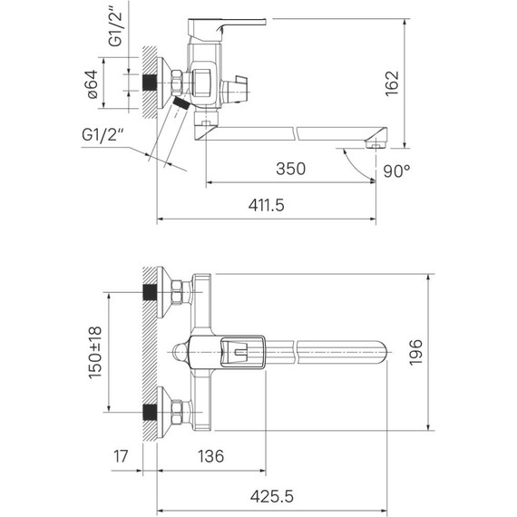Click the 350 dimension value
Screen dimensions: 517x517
pyautogui.click(x=290, y=169)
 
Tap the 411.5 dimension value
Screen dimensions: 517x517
pyautogui.click(x=266, y=205)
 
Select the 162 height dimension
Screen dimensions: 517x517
pyautogui.click(x=392, y=83)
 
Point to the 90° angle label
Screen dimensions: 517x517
pyautogui.click(x=396, y=171)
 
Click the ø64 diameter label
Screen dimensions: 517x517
pyautogui.click(x=93, y=84)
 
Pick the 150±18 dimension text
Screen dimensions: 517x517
pyautogui.click(x=95, y=353)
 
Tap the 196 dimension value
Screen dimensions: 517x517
pyautogui.click(x=415, y=352)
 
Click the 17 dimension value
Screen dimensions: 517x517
pyautogui.click(x=121, y=456)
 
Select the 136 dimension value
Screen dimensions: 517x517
pyautogui.click(x=210, y=456)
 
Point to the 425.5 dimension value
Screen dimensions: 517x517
pyautogui.click(x=272, y=496)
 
